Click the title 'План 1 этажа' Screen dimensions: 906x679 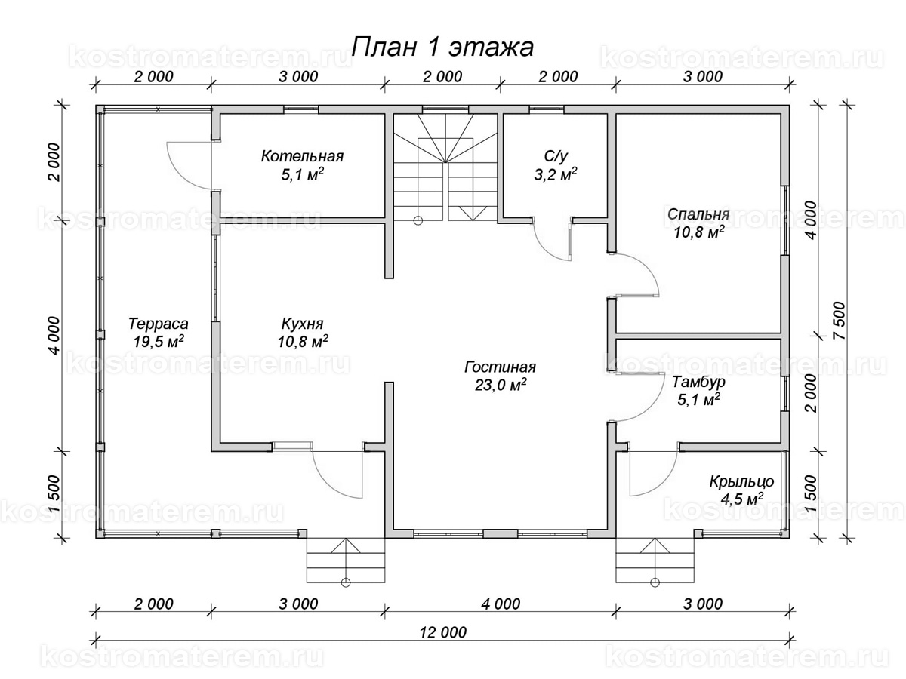(442, 48)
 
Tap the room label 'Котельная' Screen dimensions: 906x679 (302, 156)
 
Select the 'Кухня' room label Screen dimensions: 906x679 (302, 324)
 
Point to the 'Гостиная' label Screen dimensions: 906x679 (501, 367)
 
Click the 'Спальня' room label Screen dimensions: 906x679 (698, 214)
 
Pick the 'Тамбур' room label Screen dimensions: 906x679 (698, 382)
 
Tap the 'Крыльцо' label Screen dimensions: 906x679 (741, 481)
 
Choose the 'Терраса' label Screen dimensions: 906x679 (158, 324)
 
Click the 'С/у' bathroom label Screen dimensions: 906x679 (556, 156)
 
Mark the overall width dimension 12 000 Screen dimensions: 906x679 (443, 632)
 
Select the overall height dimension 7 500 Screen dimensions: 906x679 (840, 321)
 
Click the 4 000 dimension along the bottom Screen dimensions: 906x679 (501, 604)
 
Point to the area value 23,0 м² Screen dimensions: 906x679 (501, 385)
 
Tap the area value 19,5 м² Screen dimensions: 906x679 (158, 341)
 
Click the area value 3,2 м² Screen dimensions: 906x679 (556, 174)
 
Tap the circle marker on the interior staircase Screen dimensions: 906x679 (418, 220)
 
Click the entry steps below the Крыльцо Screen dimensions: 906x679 (655, 561)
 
